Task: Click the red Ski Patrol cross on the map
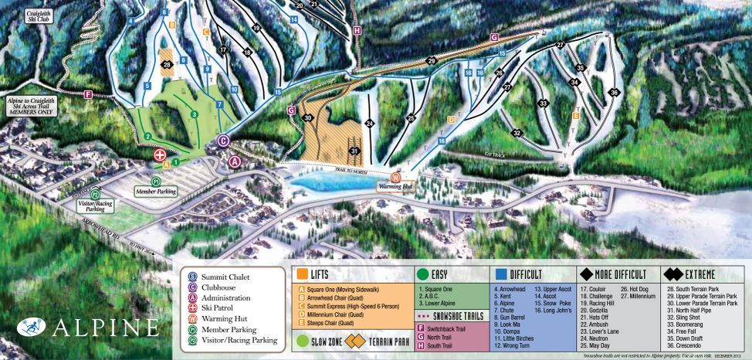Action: [x=161, y=154]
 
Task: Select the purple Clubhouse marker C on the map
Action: [x=223, y=140]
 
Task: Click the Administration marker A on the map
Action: [x=235, y=161]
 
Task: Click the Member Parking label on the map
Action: [x=156, y=191]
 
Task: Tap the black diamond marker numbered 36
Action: [x=615, y=93]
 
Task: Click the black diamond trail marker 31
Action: [x=354, y=151]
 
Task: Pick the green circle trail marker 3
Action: [x=195, y=114]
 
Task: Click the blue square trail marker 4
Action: [x=131, y=20]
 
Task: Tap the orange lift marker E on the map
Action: [x=576, y=116]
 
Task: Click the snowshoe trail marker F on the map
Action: [x=88, y=94]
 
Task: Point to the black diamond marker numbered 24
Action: [x=370, y=123]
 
